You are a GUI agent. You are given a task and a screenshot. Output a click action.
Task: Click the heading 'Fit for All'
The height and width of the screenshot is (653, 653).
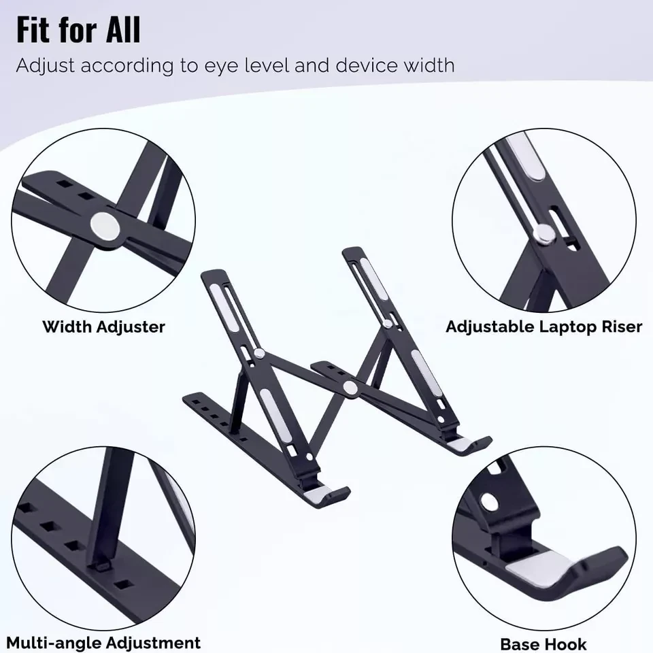78,31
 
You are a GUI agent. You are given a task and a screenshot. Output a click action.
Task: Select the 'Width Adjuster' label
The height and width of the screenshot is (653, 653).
103,327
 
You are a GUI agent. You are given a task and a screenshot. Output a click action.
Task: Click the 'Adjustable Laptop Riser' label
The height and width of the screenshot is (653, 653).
543,327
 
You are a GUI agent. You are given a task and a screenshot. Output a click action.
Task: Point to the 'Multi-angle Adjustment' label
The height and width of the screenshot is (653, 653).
103,642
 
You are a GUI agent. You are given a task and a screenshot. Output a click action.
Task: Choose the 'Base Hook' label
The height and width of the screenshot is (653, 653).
543,643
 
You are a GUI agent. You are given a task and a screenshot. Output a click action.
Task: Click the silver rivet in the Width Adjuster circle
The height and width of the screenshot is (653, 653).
104,224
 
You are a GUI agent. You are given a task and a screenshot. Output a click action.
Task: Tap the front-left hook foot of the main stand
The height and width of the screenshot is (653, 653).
326,495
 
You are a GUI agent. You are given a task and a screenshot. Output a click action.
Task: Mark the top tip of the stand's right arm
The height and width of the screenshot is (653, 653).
352,250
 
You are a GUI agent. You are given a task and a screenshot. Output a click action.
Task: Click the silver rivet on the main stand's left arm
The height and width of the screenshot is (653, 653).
261,352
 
